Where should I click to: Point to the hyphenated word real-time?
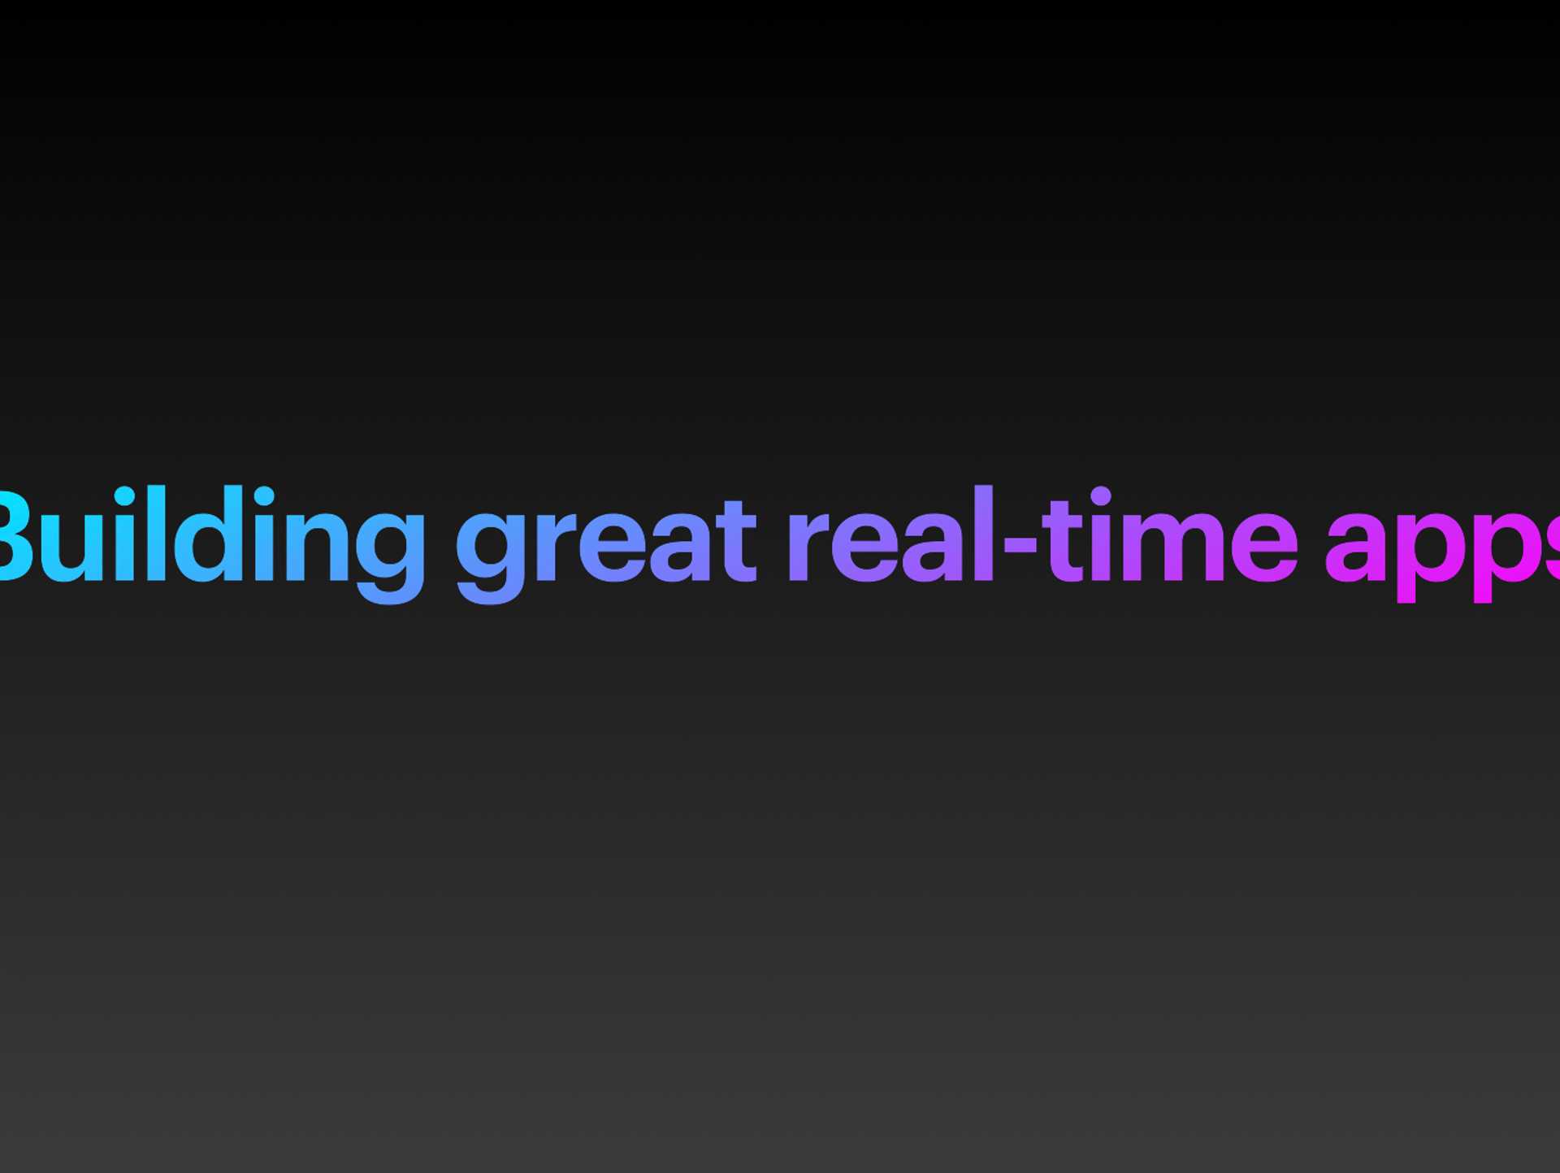click(x=1042, y=534)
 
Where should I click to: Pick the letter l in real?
click(x=984, y=534)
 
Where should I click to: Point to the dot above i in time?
click(x=1100, y=496)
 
